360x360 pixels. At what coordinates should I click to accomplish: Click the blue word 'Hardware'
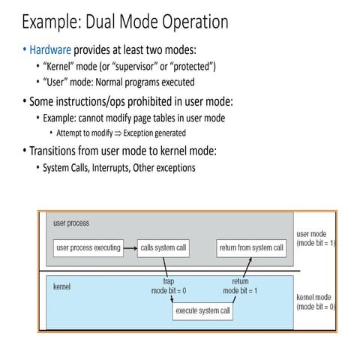click(50, 50)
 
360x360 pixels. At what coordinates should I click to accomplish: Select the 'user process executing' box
click(88, 247)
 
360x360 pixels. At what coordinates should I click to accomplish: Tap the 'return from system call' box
click(250, 247)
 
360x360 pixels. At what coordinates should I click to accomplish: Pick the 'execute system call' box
click(203, 310)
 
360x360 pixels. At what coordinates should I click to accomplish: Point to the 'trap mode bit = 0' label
click(169, 286)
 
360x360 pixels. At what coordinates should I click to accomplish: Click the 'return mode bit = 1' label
click(240, 286)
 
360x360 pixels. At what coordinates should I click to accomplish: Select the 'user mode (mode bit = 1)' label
click(316, 238)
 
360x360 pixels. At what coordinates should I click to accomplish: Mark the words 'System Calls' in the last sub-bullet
click(67, 167)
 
